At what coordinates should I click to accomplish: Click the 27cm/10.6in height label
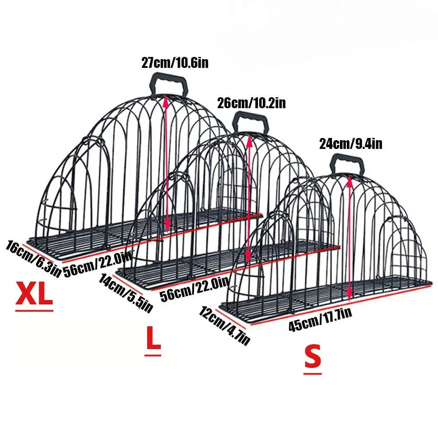pyautogui.click(x=174, y=63)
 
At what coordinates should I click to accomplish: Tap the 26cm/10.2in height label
pyautogui.click(x=251, y=103)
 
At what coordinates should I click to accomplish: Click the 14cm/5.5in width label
pyautogui.click(x=126, y=293)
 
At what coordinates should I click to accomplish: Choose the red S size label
pyautogui.click(x=313, y=357)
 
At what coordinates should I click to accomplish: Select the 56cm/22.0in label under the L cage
pyautogui.click(x=194, y=289)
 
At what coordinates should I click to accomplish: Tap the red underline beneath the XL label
pyautogui.click(x=34, y=310)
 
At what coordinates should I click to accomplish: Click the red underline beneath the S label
pyautogui.click(x=313, y=373)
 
